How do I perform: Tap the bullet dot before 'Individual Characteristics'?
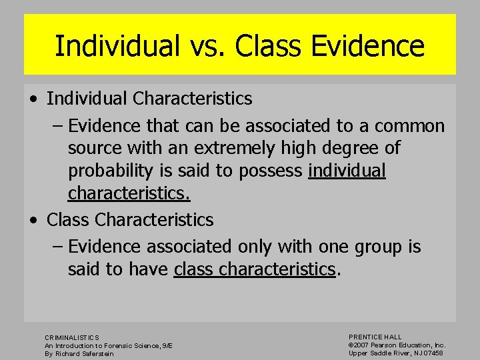[33, 99]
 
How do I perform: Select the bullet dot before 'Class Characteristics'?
[33, 220]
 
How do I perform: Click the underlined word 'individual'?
[347, 171]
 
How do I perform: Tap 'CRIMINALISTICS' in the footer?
[72, 338]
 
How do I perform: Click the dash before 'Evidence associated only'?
[58, 247]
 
